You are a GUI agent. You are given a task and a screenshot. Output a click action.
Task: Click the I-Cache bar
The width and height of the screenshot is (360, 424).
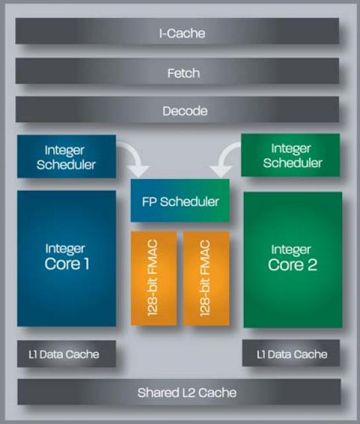pyautogui.click(x=177, y=31)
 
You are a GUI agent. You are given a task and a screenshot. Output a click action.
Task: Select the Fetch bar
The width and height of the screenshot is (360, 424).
pyautogui.click(x=177, y=71)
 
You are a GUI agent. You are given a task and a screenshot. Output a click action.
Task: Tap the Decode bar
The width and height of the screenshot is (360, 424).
pyautogui.click(x=177, y=109)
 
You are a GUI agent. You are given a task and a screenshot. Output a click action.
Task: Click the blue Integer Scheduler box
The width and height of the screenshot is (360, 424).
pyautogui.click(x=67, y=157)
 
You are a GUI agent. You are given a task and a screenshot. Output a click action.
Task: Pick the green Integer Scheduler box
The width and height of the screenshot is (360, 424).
pyautogui.click(x=291, y=155)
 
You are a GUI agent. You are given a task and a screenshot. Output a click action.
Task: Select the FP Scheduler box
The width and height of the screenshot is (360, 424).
pyautogui.click(x=180, y=201)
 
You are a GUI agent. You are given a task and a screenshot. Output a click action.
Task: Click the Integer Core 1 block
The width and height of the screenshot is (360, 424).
pyautogui.click(x=67, y=258)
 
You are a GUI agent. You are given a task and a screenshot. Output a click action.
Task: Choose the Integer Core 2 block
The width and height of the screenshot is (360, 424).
pyautogui.click(x=293, y=260)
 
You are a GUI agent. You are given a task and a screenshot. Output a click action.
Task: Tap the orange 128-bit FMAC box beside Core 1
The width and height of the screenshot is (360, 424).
pyautogui.click(x=154, y=279)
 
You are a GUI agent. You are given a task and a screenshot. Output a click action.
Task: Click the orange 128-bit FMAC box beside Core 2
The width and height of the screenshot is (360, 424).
pyautogui.click(x=206, y=279)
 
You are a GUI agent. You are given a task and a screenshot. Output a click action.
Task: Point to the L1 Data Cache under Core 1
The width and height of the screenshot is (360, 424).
pyautogui.click(x=67, y=354)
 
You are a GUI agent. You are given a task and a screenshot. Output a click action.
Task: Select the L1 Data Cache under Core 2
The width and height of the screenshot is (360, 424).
pyautogui.click(x=291, y=353)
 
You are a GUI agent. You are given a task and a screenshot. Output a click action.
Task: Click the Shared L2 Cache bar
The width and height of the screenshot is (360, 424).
pyautogui.click(x=179, y=392)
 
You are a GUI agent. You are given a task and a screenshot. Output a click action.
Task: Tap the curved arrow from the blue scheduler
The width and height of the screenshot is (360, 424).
pyautogui.click(x=135, y=155)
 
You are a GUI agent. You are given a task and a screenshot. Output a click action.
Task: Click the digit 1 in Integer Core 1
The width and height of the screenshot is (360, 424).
pyautogui.click(x=87, y=264)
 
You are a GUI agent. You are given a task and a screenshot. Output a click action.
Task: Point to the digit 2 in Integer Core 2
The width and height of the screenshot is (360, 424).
pyautogui.click(x=312, y=264)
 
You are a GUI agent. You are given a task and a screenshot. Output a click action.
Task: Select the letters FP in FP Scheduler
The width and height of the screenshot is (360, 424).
pyautogui.click(x=149, y=201)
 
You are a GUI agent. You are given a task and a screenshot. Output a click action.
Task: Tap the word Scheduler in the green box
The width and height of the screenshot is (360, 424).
pyautogui.click(x=293, y=162)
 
